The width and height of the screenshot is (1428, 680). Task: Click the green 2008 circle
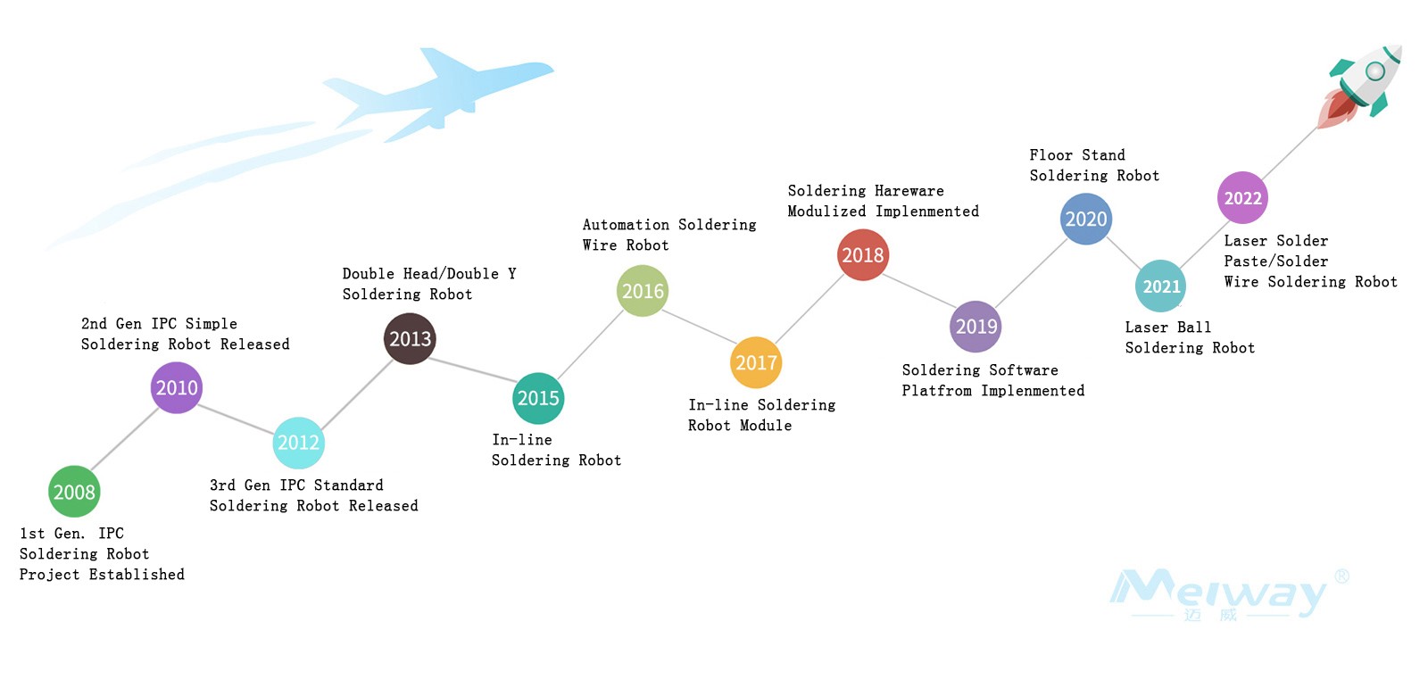(74, 492)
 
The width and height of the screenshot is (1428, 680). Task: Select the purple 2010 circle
(177, 388)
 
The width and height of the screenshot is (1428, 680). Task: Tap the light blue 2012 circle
(298, 443)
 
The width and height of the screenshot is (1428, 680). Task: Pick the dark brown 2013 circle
(410, 339)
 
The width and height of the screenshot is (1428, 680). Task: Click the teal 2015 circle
(538, 398)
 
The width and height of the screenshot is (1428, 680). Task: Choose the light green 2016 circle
(643, 291)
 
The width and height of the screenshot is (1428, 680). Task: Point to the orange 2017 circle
(756, 362)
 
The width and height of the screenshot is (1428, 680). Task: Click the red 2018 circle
(863, 255)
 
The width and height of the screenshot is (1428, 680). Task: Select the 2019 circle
(976, 327)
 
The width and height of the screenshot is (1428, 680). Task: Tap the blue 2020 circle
(1086, 219)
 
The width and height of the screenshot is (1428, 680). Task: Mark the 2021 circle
(1161, 286)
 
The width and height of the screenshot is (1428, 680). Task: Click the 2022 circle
(1242, 198)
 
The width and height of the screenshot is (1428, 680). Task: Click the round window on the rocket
(1375, 70)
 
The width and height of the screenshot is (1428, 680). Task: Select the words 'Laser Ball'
(1167, 328)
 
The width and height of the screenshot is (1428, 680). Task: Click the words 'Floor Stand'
(1076, 155)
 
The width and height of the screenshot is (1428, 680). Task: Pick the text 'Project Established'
(102, 575)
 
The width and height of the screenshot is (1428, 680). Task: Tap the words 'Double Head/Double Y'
(428, 274)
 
